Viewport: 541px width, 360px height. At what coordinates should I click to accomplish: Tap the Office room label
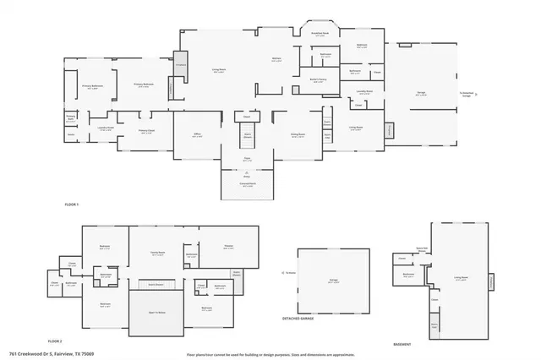[196, 135]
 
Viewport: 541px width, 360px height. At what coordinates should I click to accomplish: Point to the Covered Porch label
[248, 185]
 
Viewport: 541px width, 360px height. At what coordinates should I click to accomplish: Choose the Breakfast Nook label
[320, 35]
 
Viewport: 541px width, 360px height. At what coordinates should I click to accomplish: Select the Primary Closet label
[145, 132]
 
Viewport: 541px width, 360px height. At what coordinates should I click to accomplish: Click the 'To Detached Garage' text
[466, 95]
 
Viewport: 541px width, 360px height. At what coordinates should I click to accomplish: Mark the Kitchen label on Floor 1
[276, 60]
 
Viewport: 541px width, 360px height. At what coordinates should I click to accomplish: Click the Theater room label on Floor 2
[228, 247]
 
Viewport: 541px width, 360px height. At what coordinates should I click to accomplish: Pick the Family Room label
[157, 253]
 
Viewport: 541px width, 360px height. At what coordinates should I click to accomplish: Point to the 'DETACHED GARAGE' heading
[298, 318]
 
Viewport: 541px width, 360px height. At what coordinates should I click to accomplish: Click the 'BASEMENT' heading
[403, 344]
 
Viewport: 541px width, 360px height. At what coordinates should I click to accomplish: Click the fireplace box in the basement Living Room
[490, 280]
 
